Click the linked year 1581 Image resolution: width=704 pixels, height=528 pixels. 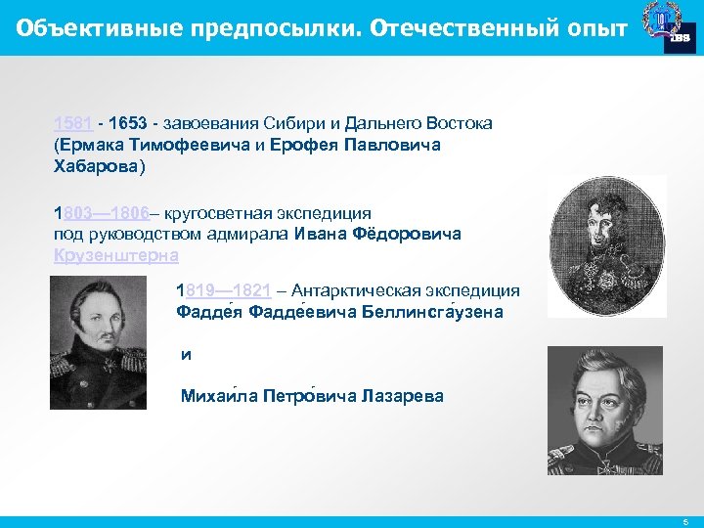click(x=73, y=123)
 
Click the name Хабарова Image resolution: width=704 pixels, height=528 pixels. click(x=99, y=166)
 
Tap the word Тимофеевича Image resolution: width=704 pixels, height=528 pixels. click(x=178, y=145)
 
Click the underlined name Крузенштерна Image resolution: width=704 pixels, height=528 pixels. click(x=116, y=255)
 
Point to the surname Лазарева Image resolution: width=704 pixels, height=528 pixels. click(x=402, y=396)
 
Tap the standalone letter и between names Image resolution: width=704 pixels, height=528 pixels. click(x=186, y=355)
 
